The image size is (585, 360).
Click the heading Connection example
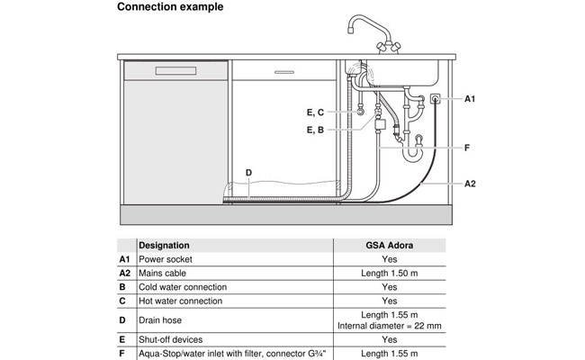(x=170, y=7)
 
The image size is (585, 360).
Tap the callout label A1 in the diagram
(x=471, y=99)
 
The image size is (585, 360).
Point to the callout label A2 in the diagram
(x=471, y=184)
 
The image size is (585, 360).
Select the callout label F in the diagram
(x=467, y=146)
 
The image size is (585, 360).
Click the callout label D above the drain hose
(x=248, y=172)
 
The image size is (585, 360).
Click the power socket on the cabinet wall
(x=436, y=99)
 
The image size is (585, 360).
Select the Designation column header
(x=164, y=245)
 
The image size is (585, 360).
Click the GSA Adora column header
(x=389, y=245)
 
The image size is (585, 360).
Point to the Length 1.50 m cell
(x=389, y=273)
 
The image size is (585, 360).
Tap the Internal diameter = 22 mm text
(x=389, y=325)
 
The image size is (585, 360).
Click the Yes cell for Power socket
(x=389, y=259)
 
